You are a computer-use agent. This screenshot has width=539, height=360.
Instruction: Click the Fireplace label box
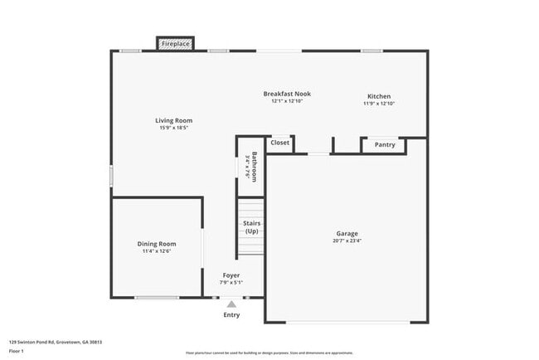coord(175,43)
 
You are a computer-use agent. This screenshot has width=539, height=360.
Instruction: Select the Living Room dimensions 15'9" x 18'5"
coord(174,128)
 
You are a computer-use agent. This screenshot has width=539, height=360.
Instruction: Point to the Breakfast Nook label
coord(287,94)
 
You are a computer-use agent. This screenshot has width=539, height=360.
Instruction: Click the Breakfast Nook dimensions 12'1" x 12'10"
coord(287,101)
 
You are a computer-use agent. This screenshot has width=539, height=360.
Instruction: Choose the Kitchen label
coord(379,96)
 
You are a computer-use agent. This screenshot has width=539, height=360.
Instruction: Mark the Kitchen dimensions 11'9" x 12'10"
coord(379,104)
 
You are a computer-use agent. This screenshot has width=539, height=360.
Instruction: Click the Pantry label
coord(385,145)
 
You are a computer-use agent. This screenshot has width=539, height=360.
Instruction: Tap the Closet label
coord(280,143)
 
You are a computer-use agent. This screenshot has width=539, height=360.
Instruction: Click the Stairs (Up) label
coord(251,227)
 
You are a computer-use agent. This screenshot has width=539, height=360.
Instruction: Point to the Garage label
coord(347,233)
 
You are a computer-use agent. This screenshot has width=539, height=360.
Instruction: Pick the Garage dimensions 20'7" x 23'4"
coord(347,241)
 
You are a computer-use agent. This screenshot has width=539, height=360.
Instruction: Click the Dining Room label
coord(158,244)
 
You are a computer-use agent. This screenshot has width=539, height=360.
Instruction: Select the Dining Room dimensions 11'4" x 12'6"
coord(158,251)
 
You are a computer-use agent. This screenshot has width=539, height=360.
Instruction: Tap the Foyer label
coord(231,275)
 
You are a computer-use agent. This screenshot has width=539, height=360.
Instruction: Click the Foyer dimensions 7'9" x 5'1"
coord(231,283)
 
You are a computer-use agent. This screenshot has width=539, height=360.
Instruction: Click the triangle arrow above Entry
coord(231,304)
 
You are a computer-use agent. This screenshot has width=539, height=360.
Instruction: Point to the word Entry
coord(231,315)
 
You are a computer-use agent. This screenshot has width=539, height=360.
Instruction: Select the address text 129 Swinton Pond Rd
coord(34,341)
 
